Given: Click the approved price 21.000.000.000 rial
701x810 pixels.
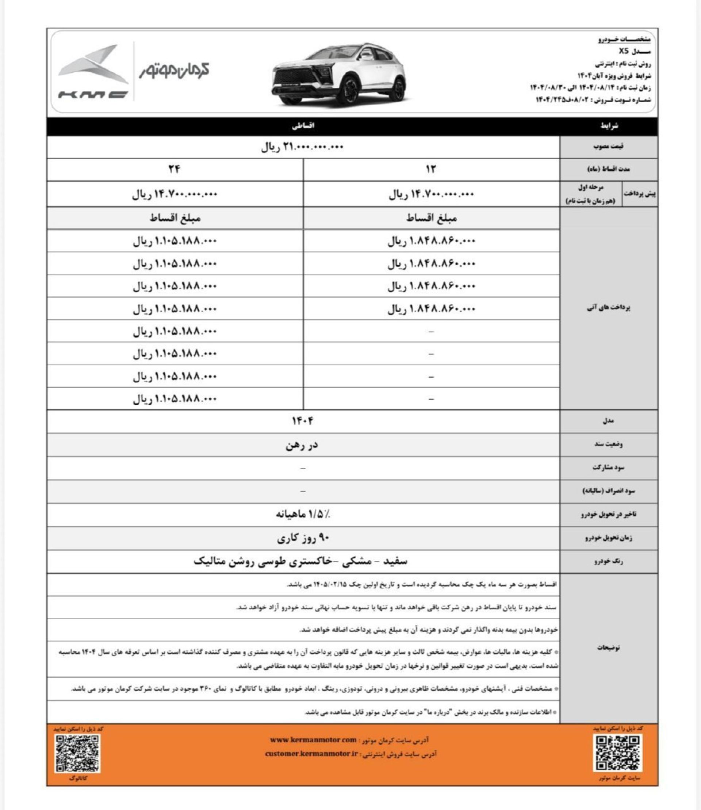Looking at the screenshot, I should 302,147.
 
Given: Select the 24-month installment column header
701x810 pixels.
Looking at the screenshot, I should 175,169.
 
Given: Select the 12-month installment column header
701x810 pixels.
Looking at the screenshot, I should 431,169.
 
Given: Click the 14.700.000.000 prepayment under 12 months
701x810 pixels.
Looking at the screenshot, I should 431,194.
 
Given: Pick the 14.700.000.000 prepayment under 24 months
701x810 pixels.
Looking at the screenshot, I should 175,194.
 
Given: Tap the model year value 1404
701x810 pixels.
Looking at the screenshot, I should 303,421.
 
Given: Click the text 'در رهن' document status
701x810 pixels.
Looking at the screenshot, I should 302,444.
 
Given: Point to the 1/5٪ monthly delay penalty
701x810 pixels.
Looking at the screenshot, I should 303,514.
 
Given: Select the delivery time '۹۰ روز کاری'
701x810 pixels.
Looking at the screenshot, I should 303,538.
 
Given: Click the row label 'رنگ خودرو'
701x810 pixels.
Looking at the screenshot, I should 608,561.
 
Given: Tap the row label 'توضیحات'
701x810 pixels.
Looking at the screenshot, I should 608,647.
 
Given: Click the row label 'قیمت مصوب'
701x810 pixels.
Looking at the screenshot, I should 608,147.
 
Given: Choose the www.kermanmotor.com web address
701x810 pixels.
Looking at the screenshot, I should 313,740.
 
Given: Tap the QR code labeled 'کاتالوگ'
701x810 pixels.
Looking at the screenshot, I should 78,753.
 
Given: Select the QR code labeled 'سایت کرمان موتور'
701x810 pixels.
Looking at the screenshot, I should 618,753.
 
